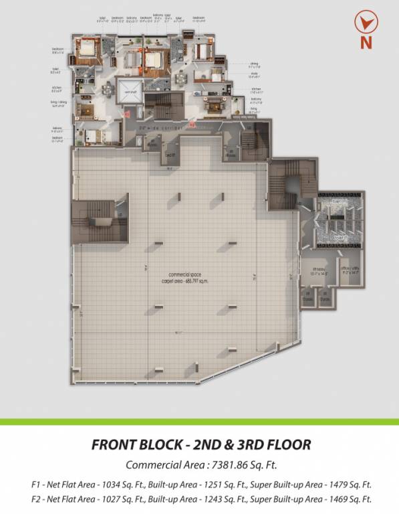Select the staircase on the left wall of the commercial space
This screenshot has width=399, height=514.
pos(101,220)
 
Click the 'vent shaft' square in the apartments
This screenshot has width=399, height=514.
pos(129,91)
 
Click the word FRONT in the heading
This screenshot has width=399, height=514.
pos(117,444)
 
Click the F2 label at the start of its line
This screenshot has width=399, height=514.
pos(34,499)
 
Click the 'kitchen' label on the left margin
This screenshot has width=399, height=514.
pos(57,88)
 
